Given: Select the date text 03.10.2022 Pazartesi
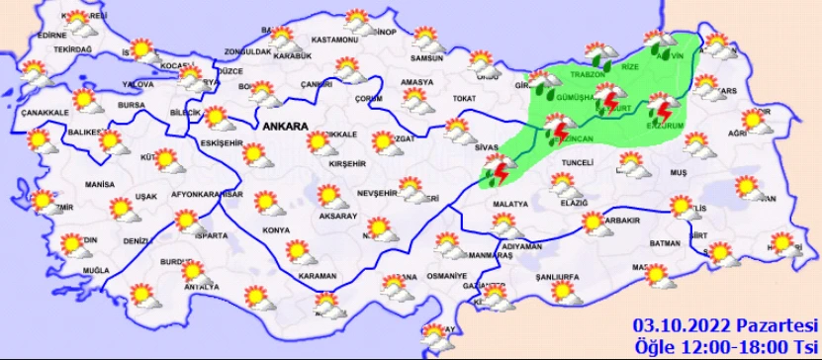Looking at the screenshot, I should coord(726,325).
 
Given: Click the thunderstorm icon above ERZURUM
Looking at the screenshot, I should coord(661,106).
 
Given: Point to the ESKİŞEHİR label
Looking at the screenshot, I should coord(217,143).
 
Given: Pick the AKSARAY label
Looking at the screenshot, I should coord(338,216).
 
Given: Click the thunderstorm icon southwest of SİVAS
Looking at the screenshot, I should coord(495,173).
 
